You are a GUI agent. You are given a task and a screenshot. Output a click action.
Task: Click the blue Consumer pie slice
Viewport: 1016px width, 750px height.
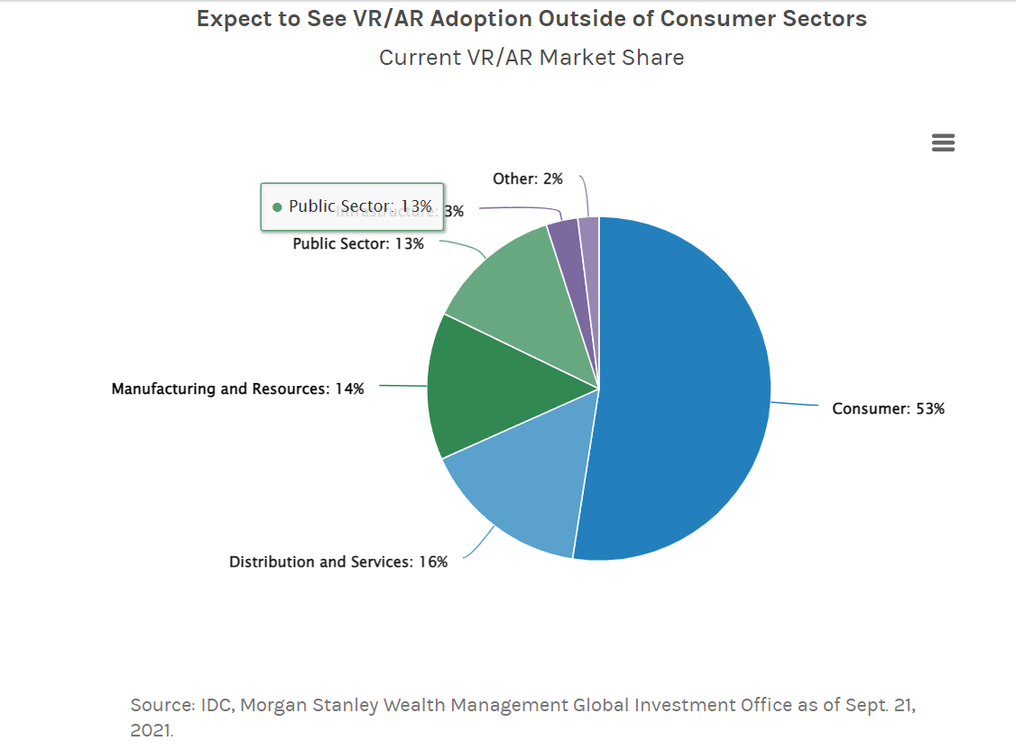point(686,388)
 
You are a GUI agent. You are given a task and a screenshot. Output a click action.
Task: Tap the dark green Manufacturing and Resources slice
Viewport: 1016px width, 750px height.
point(487,388)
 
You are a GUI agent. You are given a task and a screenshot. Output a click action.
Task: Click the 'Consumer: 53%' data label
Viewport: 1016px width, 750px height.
point(888,409)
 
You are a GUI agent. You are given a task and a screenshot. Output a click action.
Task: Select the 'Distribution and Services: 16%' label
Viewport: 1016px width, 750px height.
point(338,562)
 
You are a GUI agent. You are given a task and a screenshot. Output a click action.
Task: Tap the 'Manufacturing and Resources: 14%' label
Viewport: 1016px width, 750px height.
point(237,389)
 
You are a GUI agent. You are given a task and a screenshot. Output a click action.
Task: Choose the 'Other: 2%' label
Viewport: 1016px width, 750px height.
point(527,179)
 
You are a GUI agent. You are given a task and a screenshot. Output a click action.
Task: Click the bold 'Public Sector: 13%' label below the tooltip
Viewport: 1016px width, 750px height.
point(358,244)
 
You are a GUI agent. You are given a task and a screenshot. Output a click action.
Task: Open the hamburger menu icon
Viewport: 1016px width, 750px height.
point(943,143)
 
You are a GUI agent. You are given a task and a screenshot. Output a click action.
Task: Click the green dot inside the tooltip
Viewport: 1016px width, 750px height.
point(277,207)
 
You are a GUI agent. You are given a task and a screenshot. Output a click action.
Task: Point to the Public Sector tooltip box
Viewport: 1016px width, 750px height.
point(352,206)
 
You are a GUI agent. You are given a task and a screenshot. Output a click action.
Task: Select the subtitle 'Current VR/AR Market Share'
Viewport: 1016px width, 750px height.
point(531,58)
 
